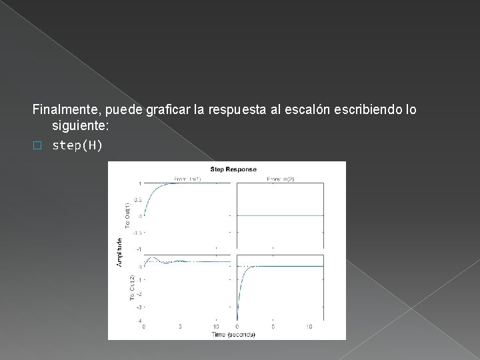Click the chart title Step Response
pos(233,169)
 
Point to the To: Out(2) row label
pos(131,286)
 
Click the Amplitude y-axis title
pos(119,253)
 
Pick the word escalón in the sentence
pos(318,109)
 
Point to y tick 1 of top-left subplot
pos(140,183)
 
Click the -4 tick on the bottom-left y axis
pos(139,321)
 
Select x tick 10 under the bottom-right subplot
pos(309,326)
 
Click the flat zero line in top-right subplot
pos(280,215)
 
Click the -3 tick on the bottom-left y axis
pos(139,307)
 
